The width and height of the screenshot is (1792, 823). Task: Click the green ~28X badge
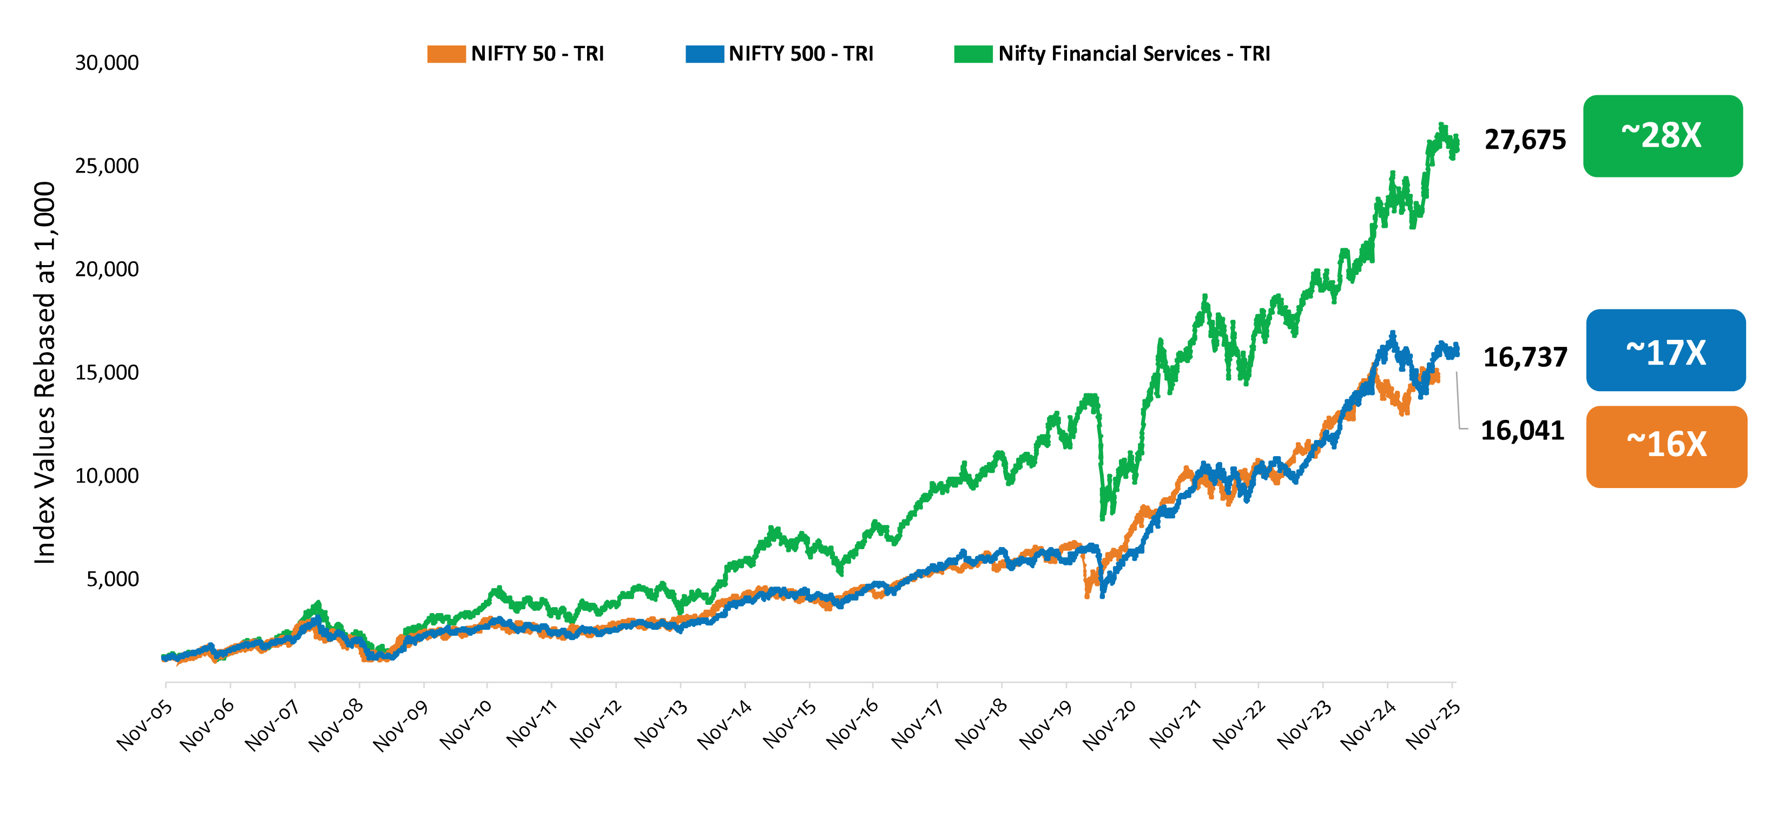(1662, 136)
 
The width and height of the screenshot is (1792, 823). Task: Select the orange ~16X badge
(1665, 446)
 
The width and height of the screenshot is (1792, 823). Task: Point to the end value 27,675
(1524, 140)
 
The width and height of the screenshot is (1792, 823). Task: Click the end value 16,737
(1524, 357)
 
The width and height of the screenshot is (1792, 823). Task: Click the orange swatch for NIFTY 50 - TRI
(446, 54)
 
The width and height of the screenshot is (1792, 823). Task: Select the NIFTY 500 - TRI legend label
(800, 54)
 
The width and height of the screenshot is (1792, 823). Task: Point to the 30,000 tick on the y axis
(107, 63)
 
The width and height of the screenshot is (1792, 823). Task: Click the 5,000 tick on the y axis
(112, 579)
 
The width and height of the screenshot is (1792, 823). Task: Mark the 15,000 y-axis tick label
(107, 372)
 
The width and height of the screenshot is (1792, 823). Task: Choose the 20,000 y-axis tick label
(107, 269)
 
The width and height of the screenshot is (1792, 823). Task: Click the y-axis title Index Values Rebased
(44, 372)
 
